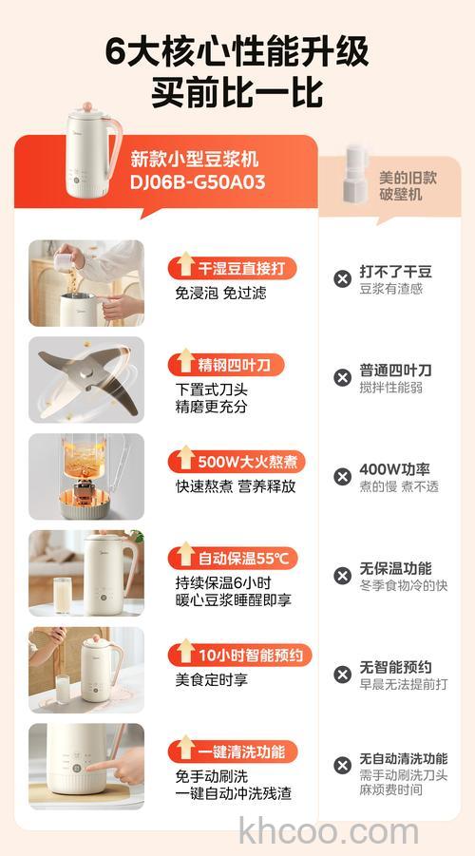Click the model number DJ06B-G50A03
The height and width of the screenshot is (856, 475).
(x=198, y=182)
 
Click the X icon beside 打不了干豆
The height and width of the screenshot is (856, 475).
(x=342, y=278)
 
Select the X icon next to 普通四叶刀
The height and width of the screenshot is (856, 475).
(x=342, y=377)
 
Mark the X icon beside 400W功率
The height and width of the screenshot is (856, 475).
(x=342, y=476)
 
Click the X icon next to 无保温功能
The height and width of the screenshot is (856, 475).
(x=342, y=575)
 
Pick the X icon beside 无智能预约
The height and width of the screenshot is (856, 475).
(x=342, y=675)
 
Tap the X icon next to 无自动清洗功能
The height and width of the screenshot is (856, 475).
(x=342, y=766)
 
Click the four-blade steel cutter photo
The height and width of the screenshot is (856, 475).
(x=86, y=379)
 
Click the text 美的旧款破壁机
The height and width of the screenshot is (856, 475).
(x=401, y=185)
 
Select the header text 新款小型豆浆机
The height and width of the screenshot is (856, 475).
(x=194, y=159)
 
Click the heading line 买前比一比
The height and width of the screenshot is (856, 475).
(x=237, y=92)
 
